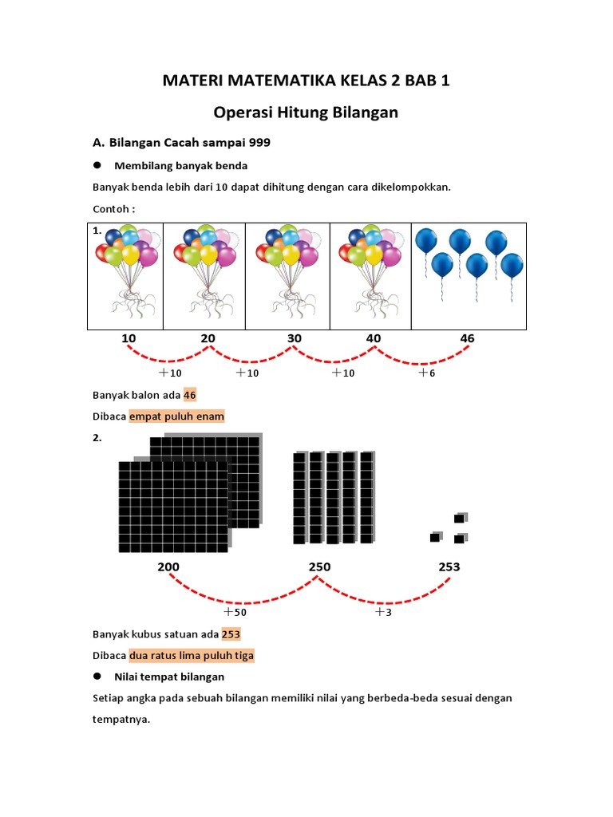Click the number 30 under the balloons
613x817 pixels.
pyautogui.click(x=295, y=338)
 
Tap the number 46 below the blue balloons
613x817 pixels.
pyautogui.click(x=467, y=338)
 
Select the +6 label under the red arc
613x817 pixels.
pyautogui.click(x=427, y=373)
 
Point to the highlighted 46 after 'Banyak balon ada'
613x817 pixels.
pyautogui.click(x=189, y=394)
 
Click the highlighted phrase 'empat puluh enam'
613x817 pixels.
pyautogui.click(x=176, y=416)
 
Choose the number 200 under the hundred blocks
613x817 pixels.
pyautogui.click(x=168, y=566)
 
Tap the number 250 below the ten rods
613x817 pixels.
pyautogui.click(x=319, y=566)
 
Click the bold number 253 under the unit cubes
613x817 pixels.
pyautogui.click(x=449, y=566)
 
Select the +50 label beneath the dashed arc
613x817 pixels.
pyautogui.click(x=235, y=612)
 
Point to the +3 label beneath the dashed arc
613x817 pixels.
pyautogui.click(x=384, y=612)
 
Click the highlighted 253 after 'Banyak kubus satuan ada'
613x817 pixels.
pyautogui.click(x=231, y=634)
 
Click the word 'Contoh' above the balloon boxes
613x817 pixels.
pyautogui.click(x=110, y=209)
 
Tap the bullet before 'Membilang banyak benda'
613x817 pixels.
pyautogui.click(x=97, y=165)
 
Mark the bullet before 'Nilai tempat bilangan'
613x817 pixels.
pyautogui.click(x=97, y=676)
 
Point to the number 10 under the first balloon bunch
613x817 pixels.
pyautogui.click(x=129, y=338)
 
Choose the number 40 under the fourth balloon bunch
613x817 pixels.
pyautogui.click(x=374, y=338)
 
